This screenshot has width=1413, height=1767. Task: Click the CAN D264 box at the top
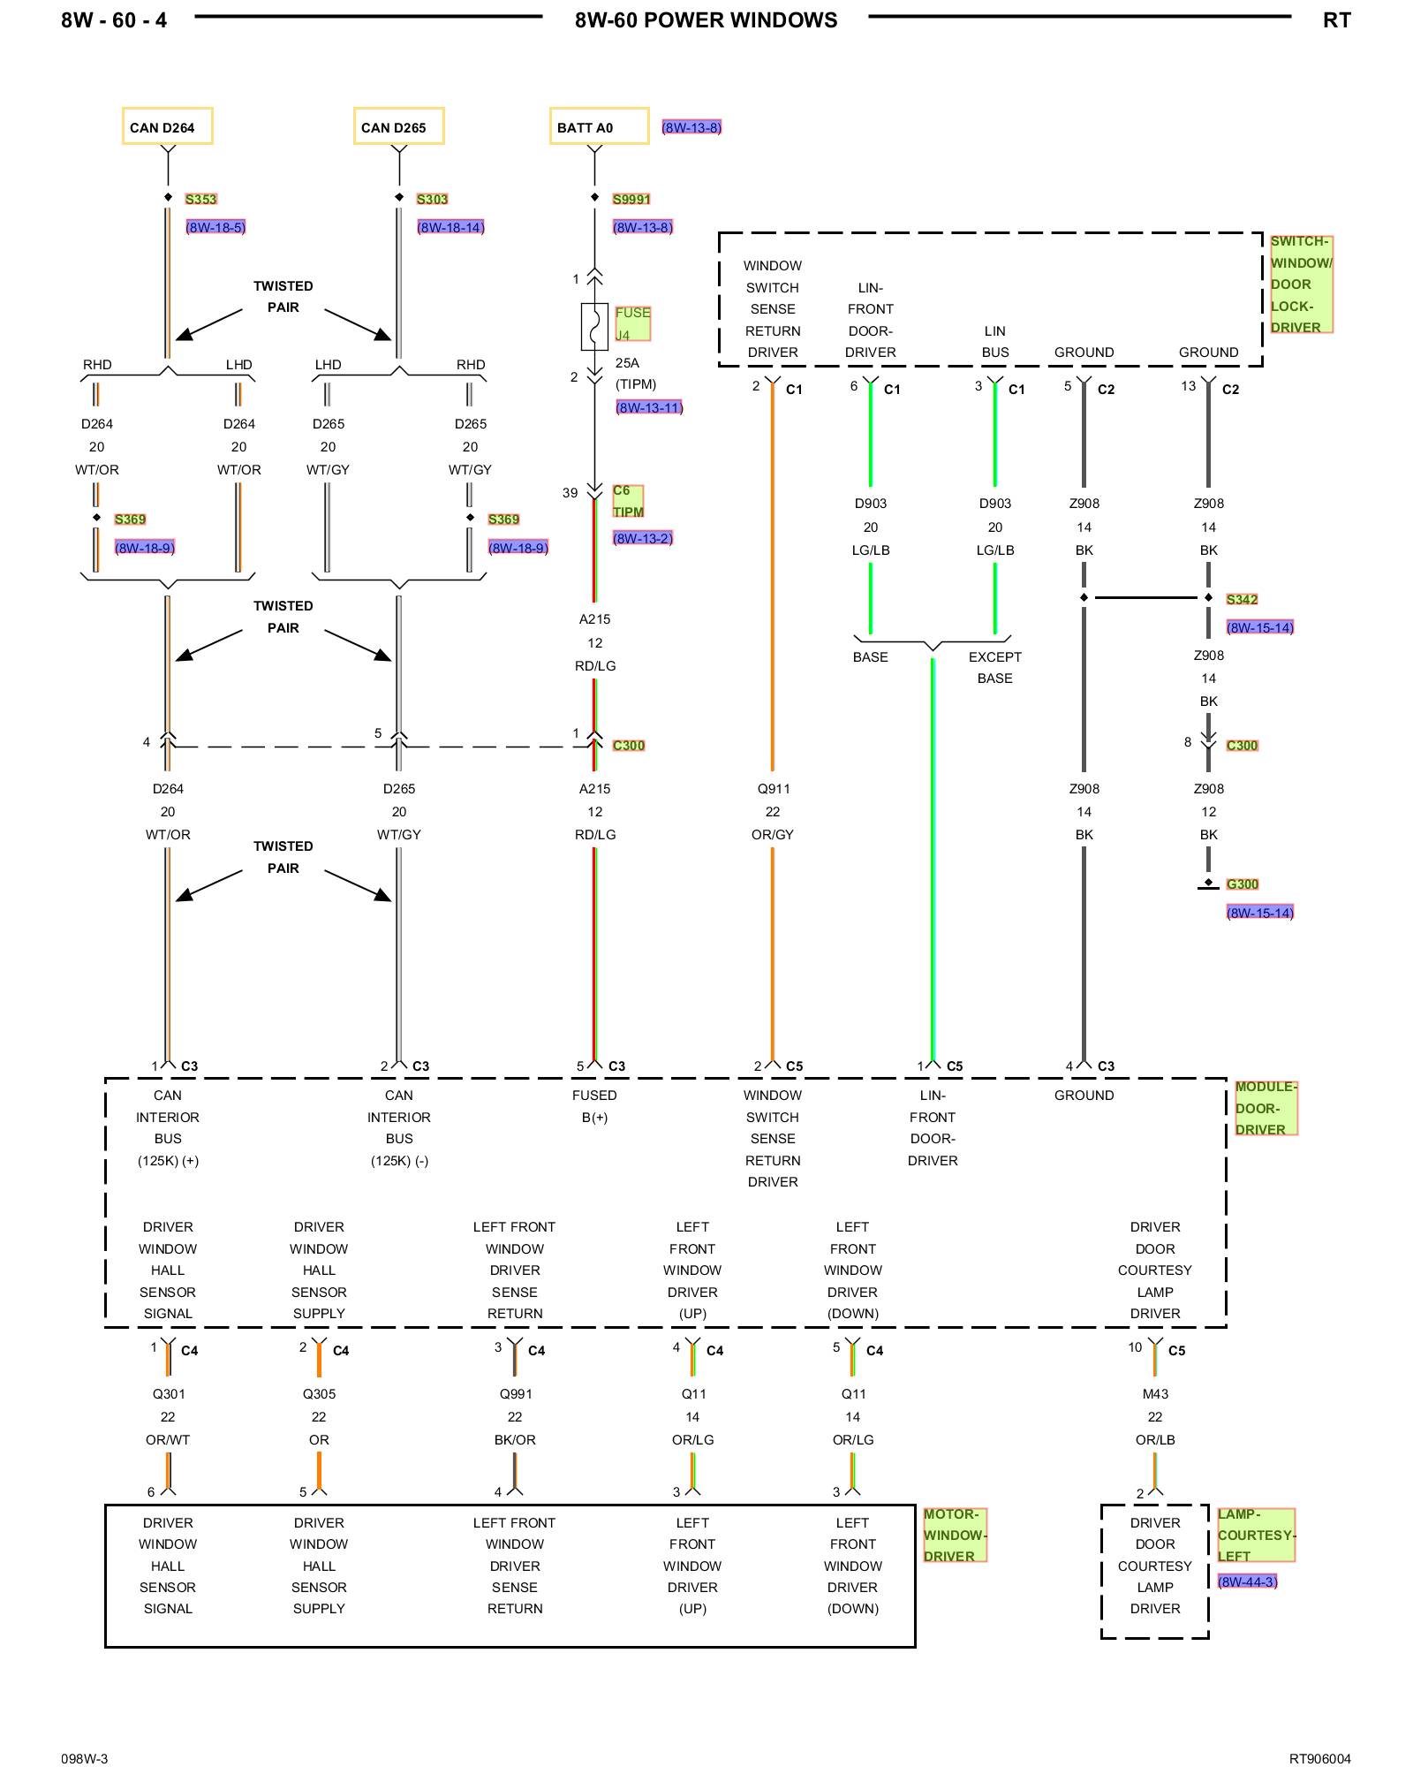[x=168, y=126]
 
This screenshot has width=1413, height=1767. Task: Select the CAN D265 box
[x=399, y=126]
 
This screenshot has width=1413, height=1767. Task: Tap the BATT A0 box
[x=600, y=126]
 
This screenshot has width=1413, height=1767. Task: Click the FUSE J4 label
[x=632, y=323]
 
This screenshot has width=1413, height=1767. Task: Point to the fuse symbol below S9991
[x=594, y=327]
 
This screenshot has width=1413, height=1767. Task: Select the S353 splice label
[x=201, y=199]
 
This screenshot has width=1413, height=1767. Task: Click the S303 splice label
[x=433, y=199]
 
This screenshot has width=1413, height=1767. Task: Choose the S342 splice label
[x=1242, y=599]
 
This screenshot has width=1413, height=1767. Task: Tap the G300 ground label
[x=1242, y=883]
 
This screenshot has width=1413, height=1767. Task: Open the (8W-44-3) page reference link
[x=1247, y=1581]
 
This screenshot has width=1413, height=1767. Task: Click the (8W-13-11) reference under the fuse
[x=649, y=407]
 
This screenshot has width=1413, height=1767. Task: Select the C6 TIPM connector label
[x=628, y=501]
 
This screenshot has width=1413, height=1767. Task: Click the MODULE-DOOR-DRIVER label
[x=1266, y=1108]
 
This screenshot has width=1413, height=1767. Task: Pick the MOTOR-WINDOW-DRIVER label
[x=955, y=1536]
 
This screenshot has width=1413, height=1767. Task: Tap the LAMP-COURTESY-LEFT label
[x=1256, y=1536]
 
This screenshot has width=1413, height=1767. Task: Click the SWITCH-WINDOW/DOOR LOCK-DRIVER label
[x=1301, y=284]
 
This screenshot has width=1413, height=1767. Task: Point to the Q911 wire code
[x=773, y=788]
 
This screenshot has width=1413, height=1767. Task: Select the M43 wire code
[x=1155, y=1393]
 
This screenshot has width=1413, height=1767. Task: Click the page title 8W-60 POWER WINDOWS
[x=706, y=20]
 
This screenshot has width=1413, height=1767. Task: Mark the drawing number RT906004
[x=1319, y=1758]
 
